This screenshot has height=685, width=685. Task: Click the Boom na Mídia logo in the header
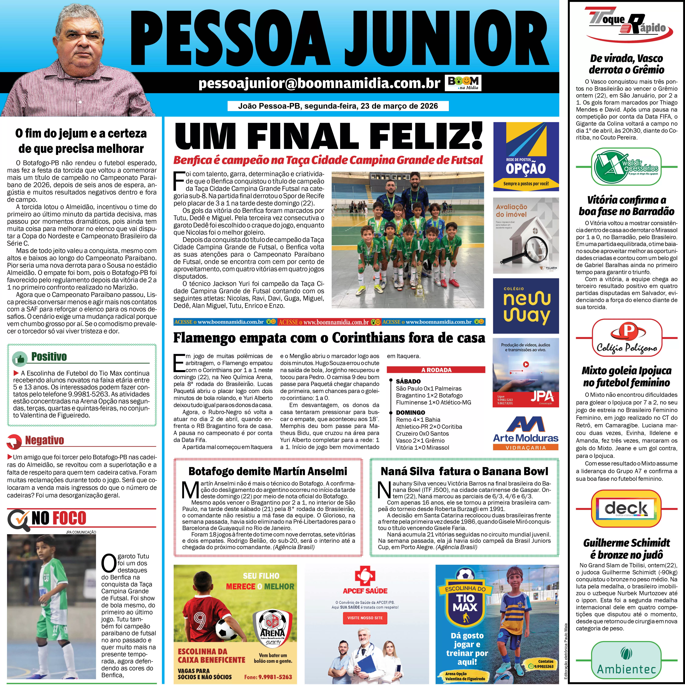coord(463,83)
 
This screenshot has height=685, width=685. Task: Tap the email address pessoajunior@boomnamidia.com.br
coord(319,83)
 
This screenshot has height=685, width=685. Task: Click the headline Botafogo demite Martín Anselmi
coord(268,471)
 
